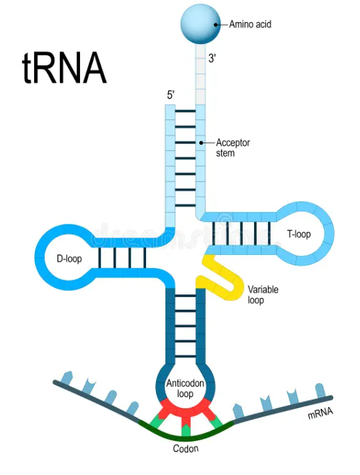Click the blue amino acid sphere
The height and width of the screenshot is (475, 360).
(200, 23)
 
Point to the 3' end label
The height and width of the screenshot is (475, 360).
(212, 59)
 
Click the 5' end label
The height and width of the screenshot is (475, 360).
(171, 95)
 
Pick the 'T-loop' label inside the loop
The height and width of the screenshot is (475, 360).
(299, 234)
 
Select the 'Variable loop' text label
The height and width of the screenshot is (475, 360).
(263, 295)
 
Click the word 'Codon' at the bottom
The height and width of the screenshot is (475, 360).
(185, 449)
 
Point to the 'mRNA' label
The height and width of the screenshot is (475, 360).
(320, 414)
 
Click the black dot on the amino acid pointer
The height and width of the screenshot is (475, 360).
(217, 25)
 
